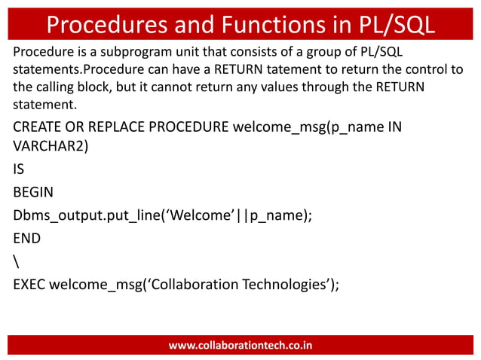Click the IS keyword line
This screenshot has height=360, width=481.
[19, 169]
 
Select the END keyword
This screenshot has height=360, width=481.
[26, 238]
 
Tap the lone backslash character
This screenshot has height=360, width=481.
[16, 261]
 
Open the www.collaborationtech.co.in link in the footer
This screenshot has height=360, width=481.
[240, 346]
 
